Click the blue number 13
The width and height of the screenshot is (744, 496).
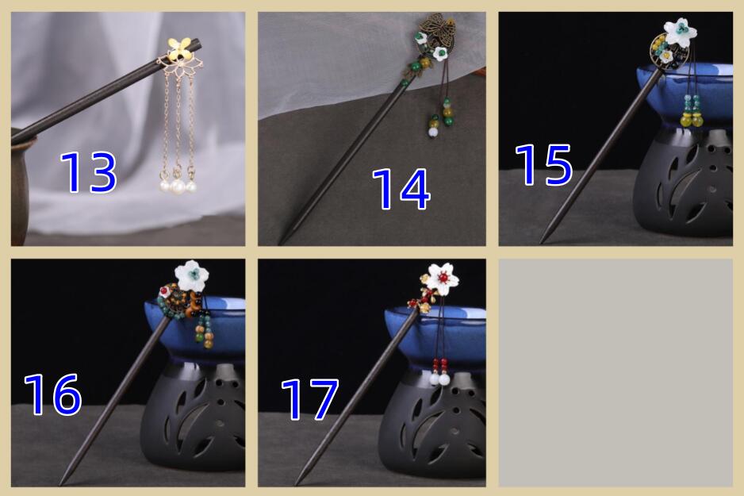[88, 172]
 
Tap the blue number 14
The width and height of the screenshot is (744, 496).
[401, 189]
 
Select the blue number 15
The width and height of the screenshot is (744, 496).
[544, 164]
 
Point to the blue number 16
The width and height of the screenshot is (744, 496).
[52, 394]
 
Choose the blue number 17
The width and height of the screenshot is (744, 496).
[310, 398]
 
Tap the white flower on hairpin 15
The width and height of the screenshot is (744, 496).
[680, 33]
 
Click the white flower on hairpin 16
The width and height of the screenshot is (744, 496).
[192, 275]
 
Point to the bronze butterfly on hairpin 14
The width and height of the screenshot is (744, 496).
[437, 29]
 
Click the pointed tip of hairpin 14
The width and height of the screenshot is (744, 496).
[280, 243]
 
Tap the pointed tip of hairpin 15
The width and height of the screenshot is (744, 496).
[542, 241]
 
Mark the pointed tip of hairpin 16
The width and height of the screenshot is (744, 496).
[60, 483]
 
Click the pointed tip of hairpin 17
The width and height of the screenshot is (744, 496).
[297, 483]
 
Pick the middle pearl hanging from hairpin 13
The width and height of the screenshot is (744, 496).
[178, 186]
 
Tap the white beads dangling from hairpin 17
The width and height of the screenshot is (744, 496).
[439, 379]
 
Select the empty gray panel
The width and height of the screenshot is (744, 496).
[616, 372]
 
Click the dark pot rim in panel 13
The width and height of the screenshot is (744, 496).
[24, 139]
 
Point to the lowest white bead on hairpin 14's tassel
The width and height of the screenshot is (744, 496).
[433, 133]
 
